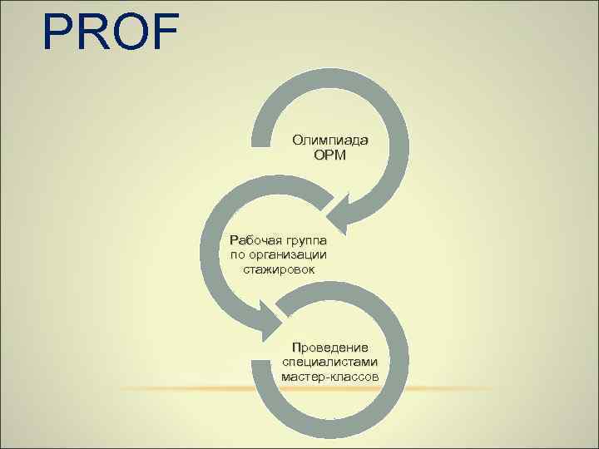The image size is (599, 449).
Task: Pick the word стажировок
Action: (280, 269)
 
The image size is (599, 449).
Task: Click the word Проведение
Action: (330, 347)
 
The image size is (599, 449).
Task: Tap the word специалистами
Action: (330, 362)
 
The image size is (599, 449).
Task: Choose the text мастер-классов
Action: (330, 377)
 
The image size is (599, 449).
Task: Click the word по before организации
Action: (239, 254)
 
